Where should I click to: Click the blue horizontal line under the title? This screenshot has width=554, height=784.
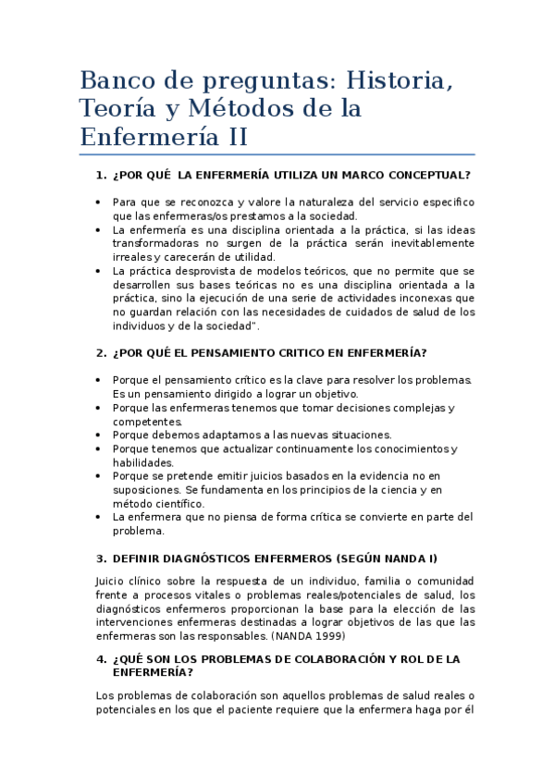click(x=277, y=154)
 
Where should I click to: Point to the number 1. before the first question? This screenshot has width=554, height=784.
click(x=102, y=175)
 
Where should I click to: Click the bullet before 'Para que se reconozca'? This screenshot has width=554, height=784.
click(x=99, y=202)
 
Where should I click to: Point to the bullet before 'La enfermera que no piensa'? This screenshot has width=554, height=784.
click(x=99, y=518)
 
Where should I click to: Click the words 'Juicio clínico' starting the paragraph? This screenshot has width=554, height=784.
click(x=129, y=581)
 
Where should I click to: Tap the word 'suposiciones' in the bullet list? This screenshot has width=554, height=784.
click(x=147, y=490)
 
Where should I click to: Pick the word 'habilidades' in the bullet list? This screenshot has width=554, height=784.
click(x=142, y=462)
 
